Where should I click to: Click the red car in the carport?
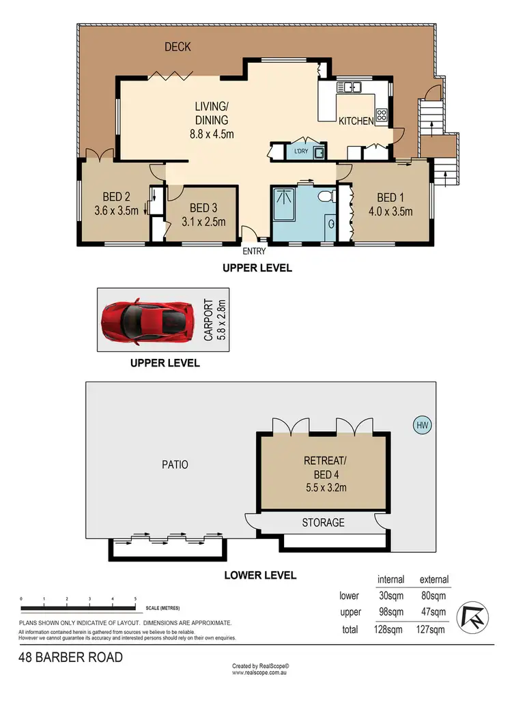pos(147,321)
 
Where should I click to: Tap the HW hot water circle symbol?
pos(423,425)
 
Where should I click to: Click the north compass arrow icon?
pos(472,616)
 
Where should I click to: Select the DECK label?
pos(178,46)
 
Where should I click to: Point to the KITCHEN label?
pos(356,121)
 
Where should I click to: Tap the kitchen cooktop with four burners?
pos(382,115)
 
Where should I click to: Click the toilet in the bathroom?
pos(327,197)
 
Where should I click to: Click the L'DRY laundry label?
pos(301,151)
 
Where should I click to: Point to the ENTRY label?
pos(254,251)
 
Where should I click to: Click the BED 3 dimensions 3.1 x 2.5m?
pos(204,222)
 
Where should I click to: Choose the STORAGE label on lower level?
pos(324,522)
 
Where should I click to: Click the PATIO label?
pos(175,465)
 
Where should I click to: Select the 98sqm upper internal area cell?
pos(391,612)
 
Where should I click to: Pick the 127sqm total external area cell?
pos(430,629)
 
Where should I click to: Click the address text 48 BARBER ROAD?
pos(71,657)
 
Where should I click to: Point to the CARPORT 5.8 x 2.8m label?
pos(215,319)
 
